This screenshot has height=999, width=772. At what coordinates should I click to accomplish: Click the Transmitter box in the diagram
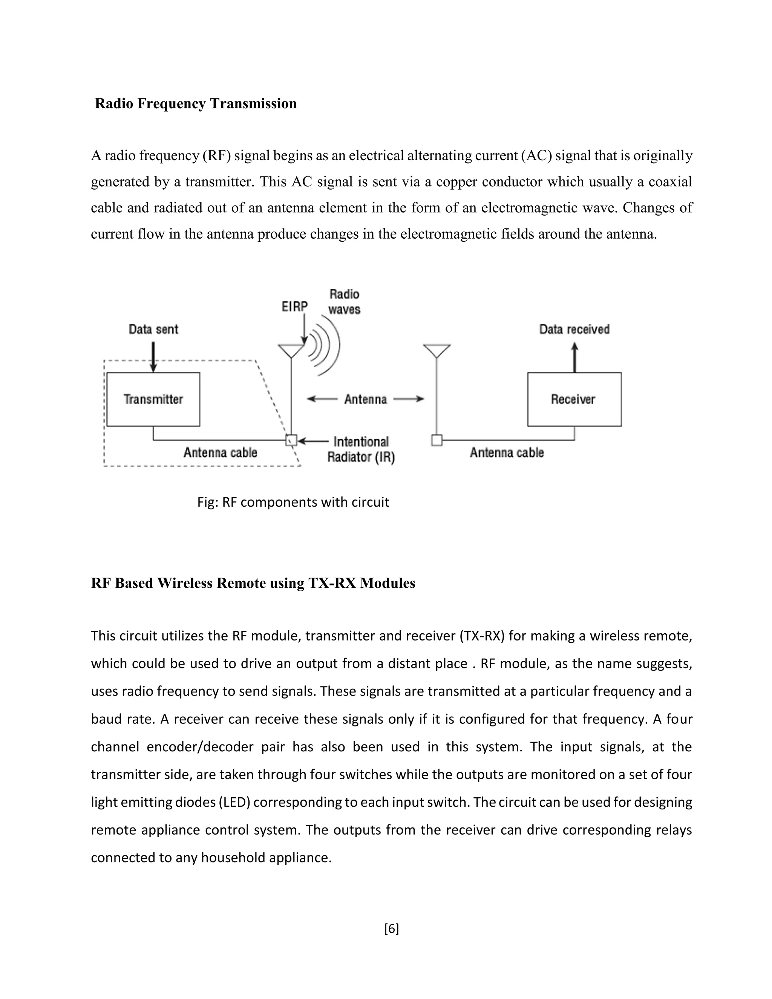(153, 399)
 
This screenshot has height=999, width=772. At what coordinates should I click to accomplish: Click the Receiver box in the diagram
(574, 399)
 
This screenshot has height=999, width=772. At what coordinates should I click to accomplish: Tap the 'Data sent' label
(153, 329)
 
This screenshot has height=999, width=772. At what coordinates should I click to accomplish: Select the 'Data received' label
(574, 329)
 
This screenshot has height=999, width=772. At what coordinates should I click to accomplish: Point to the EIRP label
(294, 306)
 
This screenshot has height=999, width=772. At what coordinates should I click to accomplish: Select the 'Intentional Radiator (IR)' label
(361, 449)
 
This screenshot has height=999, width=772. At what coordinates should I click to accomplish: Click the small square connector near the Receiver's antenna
(437, 440)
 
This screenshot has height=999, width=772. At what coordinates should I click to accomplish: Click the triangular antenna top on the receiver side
(437, 350)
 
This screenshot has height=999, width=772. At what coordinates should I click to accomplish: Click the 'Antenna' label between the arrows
(365, 399)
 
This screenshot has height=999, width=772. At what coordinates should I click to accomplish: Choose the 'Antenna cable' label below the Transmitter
(221, 453)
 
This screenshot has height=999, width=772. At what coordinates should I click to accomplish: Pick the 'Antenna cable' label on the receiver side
(507, 453)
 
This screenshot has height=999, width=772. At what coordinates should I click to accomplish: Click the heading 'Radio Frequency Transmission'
(196, 103)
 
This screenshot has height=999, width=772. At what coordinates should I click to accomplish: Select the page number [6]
(392, 929)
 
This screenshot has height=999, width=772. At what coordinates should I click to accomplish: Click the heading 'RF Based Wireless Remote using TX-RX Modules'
(253, 583)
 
